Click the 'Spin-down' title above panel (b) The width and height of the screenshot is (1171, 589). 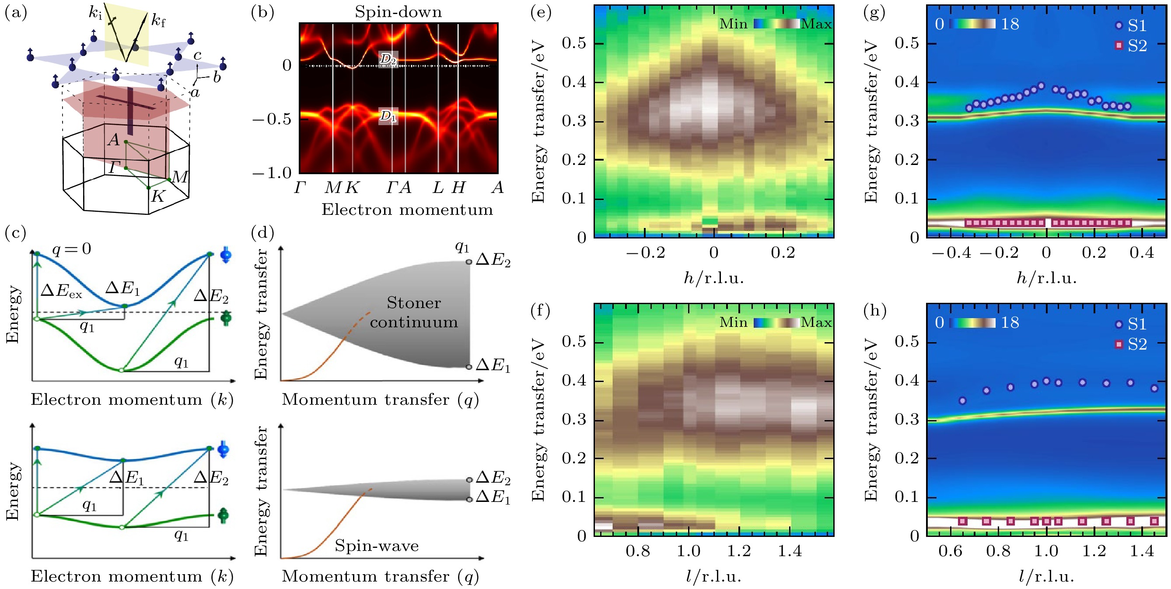pyautogui.click(x=398, y=12)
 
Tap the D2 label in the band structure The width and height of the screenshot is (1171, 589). pyautogui.click(x=388, y=59)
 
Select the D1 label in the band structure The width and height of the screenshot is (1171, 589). pyautogui.click(x=388, y=116)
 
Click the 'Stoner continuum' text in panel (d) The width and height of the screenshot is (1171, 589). pyautogui.click(x=414, y=312)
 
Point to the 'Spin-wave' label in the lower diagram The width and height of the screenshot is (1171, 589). pyautogui.click(x=377, y=545)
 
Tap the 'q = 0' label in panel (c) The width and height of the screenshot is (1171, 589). pyautogui.click(x=72, y=249)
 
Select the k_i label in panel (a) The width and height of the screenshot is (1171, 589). pyautogui.click(x=95, y=13)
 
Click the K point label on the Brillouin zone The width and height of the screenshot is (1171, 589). pyautogui.click(x=158, y=196)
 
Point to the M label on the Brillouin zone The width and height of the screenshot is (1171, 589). pyautogui.click(x=180, y=176)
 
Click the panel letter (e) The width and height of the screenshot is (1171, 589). pyautogui.click(x=541, y=12)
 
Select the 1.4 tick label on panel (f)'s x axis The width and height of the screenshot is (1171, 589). pyautogui.click(x=790, y=551)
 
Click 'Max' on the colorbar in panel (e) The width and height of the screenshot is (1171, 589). pyautogui.click(x=816, y=24)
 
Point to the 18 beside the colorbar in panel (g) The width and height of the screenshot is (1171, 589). pyautogui.click(x=1010, y=24)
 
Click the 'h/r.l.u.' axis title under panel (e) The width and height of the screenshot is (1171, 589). pyautogui.click(x=714, y=278)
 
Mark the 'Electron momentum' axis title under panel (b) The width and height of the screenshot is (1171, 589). pyautogui.click(x=407, y=210)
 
